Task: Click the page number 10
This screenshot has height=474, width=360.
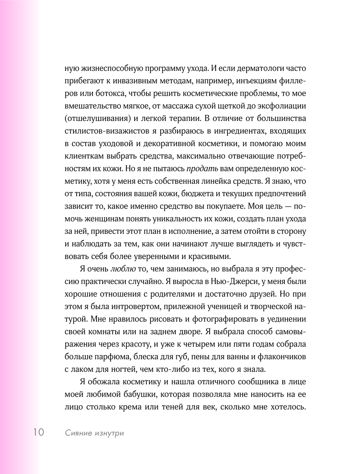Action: tap(39, 432)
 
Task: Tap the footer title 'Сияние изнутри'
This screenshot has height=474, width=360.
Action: tap(94, 433)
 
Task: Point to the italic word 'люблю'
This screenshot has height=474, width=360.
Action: tap(123, 269)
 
